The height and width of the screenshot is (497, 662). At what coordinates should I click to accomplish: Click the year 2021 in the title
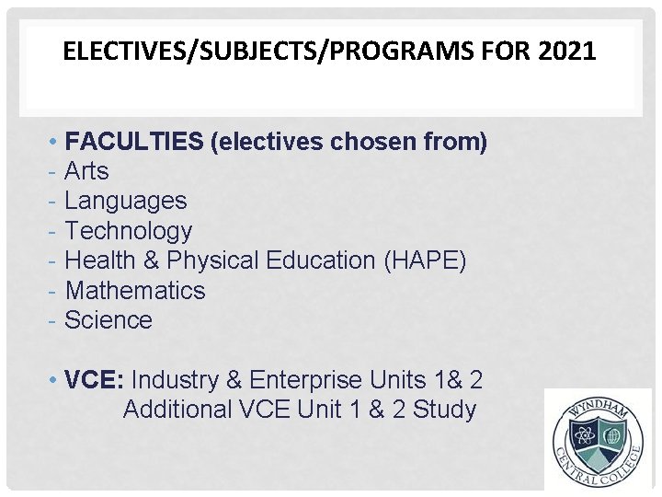point(569,52)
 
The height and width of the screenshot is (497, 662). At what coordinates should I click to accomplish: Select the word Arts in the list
point(86,171)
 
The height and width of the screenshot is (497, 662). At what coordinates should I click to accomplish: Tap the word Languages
point(126,201)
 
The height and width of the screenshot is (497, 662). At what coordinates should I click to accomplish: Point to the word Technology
point(129,231)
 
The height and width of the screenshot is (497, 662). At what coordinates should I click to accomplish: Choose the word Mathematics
point(135,291)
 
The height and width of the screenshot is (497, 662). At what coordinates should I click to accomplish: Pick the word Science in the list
point(108,320)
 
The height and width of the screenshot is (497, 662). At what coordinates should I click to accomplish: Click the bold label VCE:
point(96,379)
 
